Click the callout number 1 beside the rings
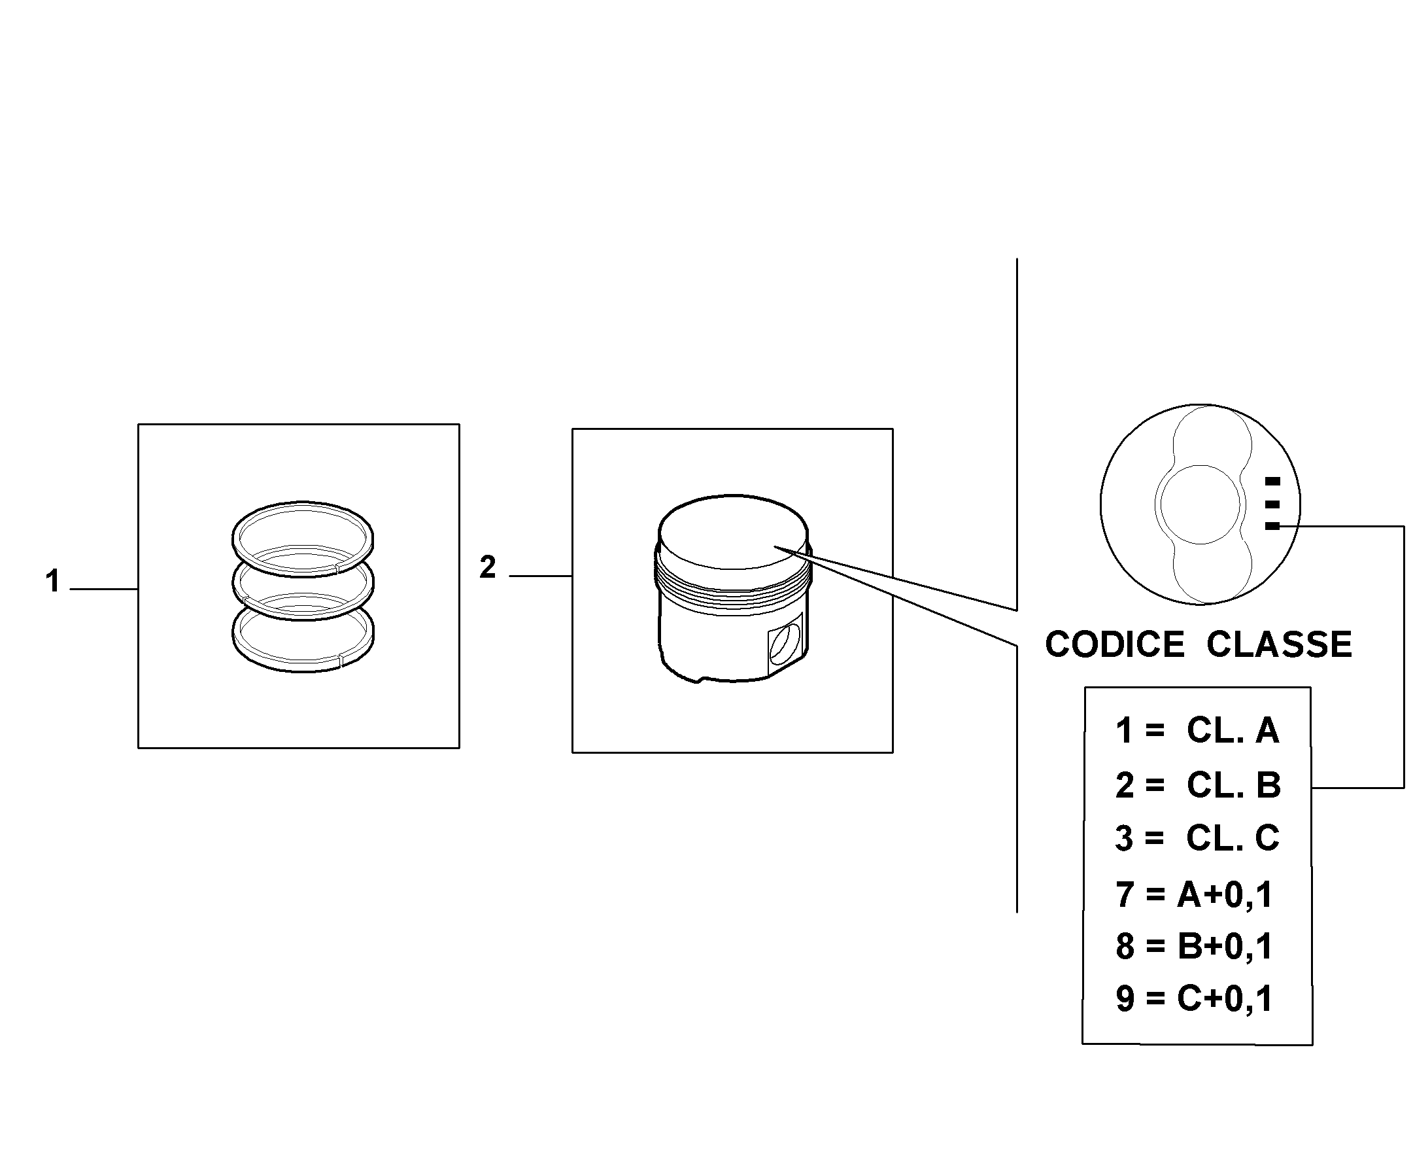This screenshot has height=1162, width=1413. tap(52, 580)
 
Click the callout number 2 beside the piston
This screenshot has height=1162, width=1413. tap(488, 567)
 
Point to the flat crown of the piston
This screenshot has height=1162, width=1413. tap(733, 532)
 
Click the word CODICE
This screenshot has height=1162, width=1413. tap(1115, 644)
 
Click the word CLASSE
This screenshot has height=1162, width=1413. tap(1279, 644)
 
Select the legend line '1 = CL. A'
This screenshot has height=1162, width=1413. tap(1197, 730)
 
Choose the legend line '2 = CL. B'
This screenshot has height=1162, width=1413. tap(1198, 785)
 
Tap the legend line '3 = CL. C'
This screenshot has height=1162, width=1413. tap(1197, 838)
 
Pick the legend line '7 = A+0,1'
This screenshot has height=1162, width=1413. tap(1194, 894)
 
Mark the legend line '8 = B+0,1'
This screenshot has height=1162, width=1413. tap(1194, 947)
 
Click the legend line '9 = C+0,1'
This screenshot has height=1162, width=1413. tap(1194, 998)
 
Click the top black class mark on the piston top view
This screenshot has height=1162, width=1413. tap(1272, 481)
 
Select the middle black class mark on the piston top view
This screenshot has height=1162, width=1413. tap(1272, 504)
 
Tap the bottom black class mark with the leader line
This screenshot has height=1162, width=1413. tap(1272, 526)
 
